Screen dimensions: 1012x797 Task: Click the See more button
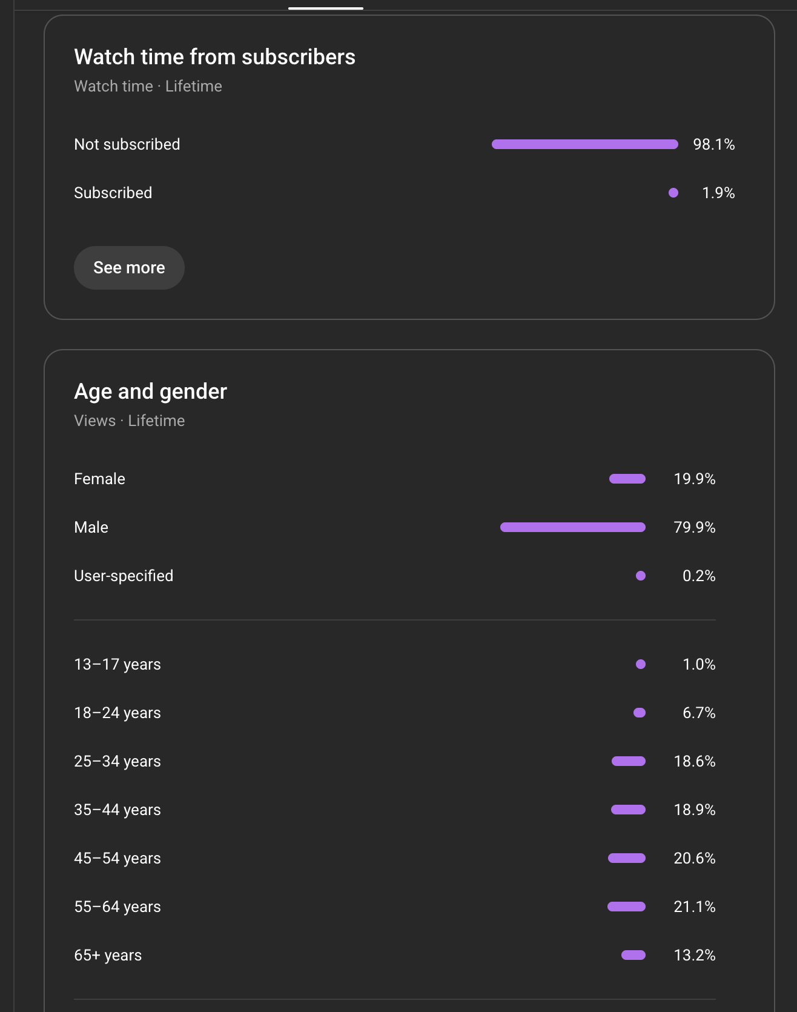click(x=129, y=268)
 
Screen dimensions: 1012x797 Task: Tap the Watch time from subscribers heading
click(x=214, y=57)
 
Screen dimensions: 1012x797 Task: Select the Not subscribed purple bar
click(x=584, y=144)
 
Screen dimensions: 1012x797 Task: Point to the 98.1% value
click(x=713, y=144)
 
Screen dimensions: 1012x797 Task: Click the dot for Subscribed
click(x=673, y=193)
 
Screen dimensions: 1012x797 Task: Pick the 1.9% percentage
click(x=718, y=193)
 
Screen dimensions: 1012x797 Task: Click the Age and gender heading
click(x=150, y=391)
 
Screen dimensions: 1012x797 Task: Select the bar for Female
click(x=627, y=479)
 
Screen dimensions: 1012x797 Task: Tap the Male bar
click(x=572, y=527)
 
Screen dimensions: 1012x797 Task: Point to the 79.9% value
click(x=694, y=527)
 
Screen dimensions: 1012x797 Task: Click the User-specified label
click(x=124, y=576)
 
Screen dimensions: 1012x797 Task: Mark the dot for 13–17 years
click(x=640, y=664)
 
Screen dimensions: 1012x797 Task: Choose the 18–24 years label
click(x=117, y=713)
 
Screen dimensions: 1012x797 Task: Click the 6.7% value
click(x=698, y=713)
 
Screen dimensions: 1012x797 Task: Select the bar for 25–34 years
click(x=628, y=761)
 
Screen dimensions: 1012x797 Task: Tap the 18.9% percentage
click(x=694, y=810)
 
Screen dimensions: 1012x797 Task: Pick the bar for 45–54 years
click(x=626, y=858)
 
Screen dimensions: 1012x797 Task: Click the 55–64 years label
click(x=117, y=907)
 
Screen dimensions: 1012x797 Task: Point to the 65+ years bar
click(x=633, y=955)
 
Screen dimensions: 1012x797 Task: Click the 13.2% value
click(x=694, y=955)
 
